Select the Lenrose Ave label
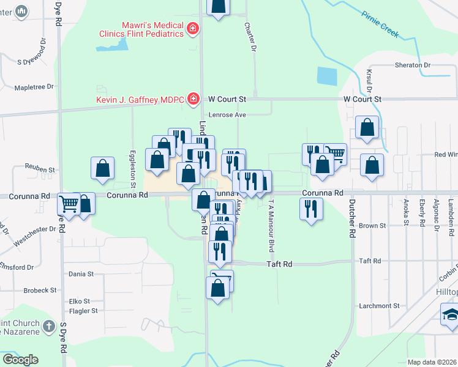pyautogui.click(x=227, y=114)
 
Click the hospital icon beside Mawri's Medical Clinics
pyautogui.click(x=192, y=28)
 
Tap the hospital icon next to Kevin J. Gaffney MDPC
pyautogui.click(x=193, y=98)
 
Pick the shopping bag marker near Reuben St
pyautogui.click(x=102, y=169)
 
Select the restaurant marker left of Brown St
pyautogui.click(x=311, y=209)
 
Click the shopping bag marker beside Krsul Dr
pyautogui.click(x=367, y=128)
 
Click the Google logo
pyautogui.click(x=20, y=360)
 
